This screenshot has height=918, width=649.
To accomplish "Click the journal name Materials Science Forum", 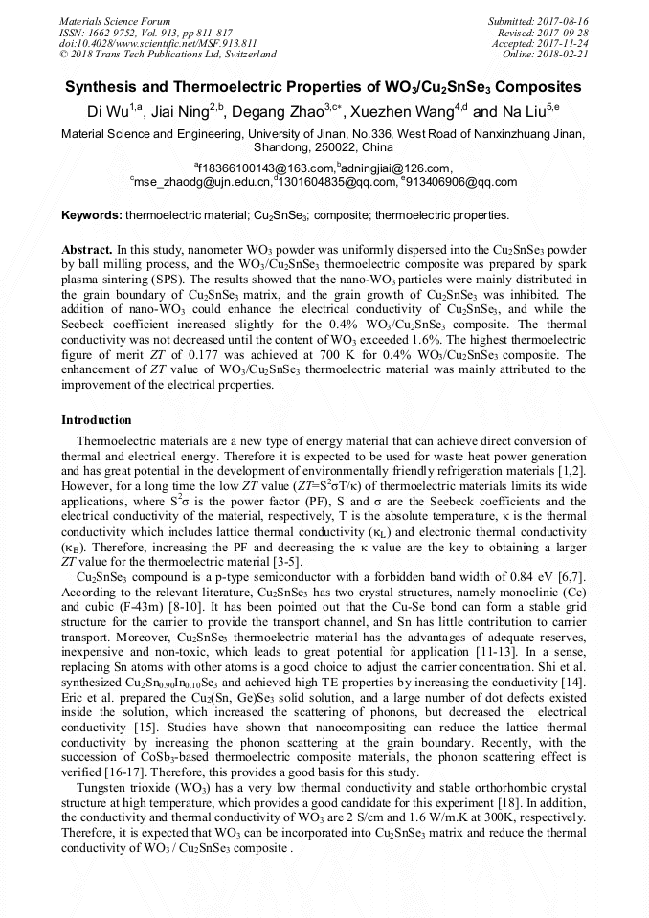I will tap(115, 20).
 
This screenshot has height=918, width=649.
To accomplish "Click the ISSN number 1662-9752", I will tap(120, 32).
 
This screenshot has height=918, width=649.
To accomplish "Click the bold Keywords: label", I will tap(92, 215).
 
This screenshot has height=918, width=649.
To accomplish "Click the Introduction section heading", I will tap(97, 420).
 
